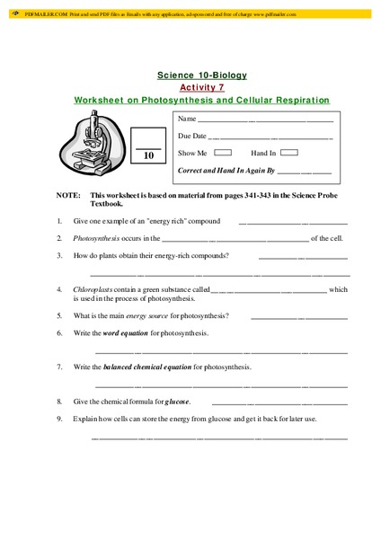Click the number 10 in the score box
click(150, 155)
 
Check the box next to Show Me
click(224, 153)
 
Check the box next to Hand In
click(293, 153)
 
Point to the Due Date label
click(192, 136)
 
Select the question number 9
click(59, 420)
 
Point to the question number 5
click(59, 315)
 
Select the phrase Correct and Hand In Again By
click(226, 170)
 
